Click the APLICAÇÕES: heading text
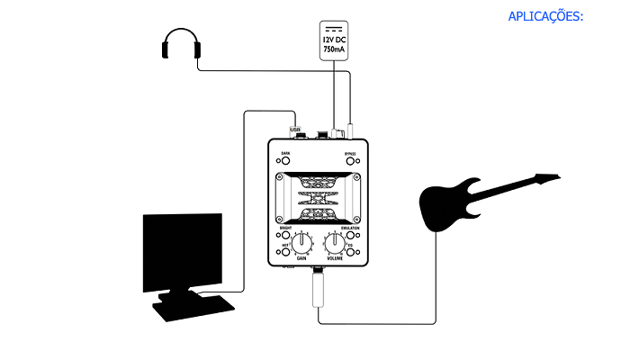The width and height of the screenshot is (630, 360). [547, 16]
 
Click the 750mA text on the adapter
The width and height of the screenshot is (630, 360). [333, 51]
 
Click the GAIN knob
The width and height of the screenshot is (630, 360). [289, 241]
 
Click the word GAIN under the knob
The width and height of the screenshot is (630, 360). [290, 258]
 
